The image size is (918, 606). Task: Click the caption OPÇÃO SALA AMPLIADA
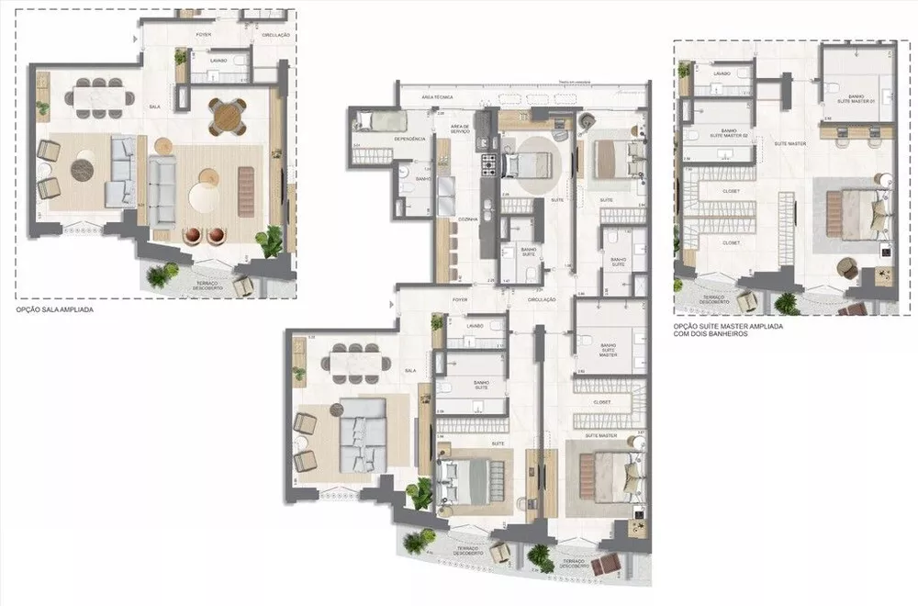[55, 310]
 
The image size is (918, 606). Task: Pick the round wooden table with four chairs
[226, 116]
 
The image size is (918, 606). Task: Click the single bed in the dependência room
[376, 120]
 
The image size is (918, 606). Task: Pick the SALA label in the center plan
[409, 370]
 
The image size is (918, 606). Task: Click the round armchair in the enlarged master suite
[848, 268]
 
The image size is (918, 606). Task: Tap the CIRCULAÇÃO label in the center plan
[541, 298]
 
